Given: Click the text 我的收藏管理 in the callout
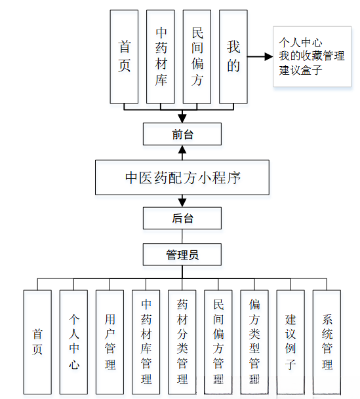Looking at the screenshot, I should [x=311, y=56].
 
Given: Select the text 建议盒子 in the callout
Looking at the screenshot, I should [x=301, y=69].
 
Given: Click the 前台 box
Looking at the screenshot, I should [x=182, y=135].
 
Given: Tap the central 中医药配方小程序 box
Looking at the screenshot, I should [x=182, y=177].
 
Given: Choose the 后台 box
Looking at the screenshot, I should [x=182, y=218].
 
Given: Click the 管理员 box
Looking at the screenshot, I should [x=182, y=254].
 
